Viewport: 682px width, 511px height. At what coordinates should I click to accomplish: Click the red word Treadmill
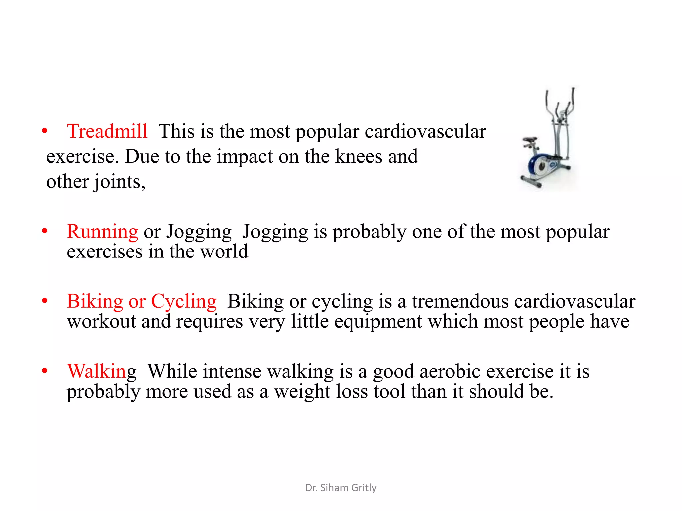point(107,131)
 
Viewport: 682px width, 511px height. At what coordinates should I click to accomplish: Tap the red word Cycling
point(184,301)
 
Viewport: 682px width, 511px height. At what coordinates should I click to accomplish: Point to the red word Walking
point(102,371)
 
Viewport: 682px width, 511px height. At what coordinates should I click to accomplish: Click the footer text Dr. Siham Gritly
point(341,488)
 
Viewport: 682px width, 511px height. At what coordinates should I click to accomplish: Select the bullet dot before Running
point(45,231)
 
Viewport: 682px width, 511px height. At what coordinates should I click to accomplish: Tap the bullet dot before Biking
point(45,301)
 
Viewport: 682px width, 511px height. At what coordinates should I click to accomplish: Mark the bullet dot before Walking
point(45,371)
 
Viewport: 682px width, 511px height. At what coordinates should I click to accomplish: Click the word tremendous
point(460,301)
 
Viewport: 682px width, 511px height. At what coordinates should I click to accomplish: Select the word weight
point(302,392)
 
